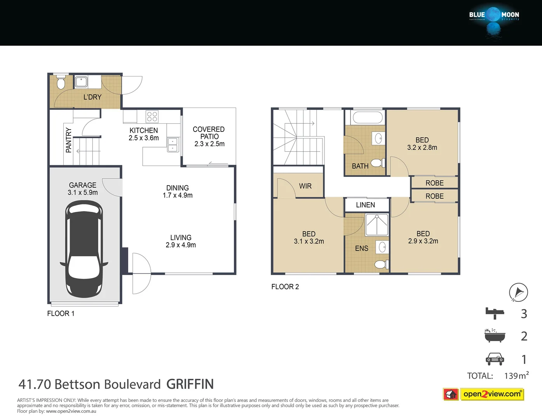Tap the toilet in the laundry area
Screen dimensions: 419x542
pyautogui.click(x=61, y=83)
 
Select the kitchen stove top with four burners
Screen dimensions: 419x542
pyautogui.click(x=152, y=116)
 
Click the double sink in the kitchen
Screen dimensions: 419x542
pyautogui.click(x=173, y=145)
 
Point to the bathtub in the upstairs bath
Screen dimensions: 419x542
pyautogui.click(x=367, y=117)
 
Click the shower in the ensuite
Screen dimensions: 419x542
pyautogui.click(x=376, y=225)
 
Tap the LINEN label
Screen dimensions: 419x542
pyautogui.click(x=365, y=205)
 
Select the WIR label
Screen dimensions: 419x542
pyautogui.click(x=305, y=186)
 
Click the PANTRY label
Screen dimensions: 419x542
pyautogui.click(x=69, y=140)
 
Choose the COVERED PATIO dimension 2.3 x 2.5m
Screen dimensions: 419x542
pyautogui.click(x=209, y=144)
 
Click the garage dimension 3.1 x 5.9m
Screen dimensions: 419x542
pyautogui.click(x=83, y=192)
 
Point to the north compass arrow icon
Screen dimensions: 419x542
pyautogui.click(x=518, y=292)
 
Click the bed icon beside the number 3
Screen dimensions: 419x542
pyautogui.click(x=495, y=313)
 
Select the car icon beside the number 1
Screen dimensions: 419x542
pyautogui.click(x=495, y=359)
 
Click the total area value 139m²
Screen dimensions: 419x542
pyautogui.click(x=516, y=376)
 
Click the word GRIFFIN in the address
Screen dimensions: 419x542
pyautogui.click(x=190, y=384)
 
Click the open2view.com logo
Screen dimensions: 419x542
pyautogui.click(x=492, y=394)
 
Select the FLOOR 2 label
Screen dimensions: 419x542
pyautogui.click(x=285, y=287)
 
